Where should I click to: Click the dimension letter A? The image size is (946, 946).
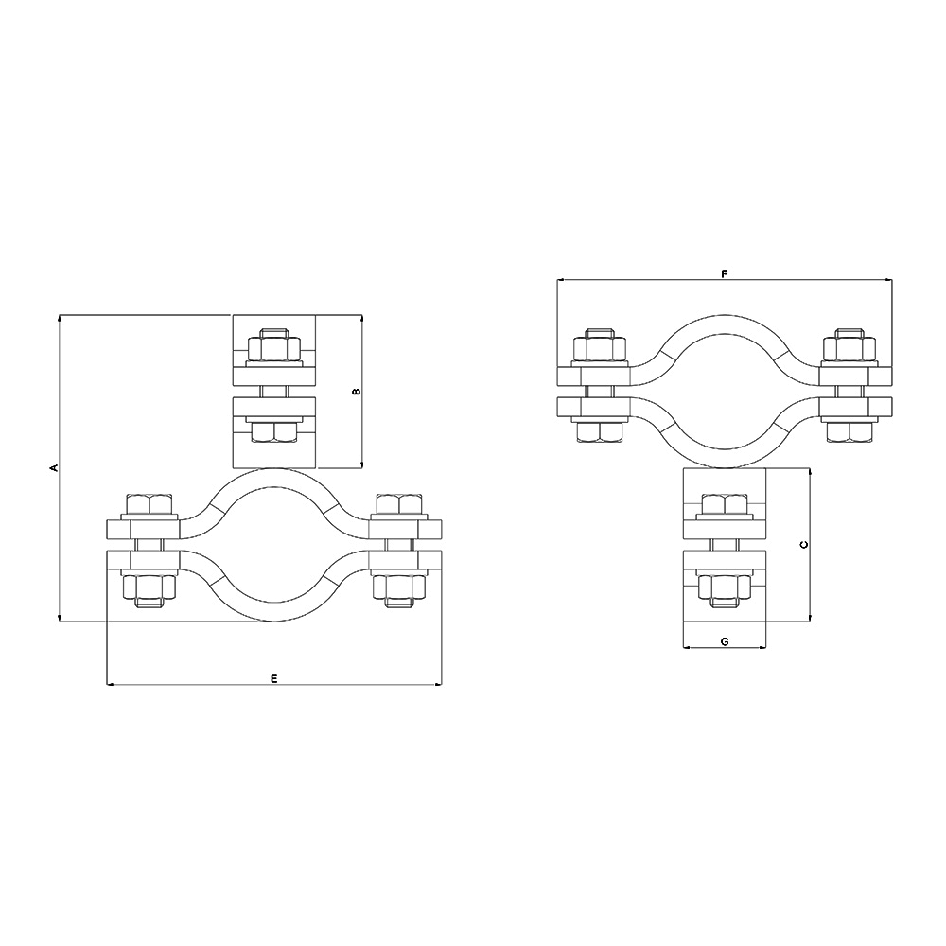coord(54,467)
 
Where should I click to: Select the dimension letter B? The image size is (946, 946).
coord(356,391)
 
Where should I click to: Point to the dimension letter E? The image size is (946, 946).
coord(273,678)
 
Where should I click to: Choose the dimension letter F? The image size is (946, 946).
coord(724,274)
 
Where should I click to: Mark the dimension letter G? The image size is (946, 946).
coord(724,641)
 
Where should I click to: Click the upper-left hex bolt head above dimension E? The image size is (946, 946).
coord(150,504)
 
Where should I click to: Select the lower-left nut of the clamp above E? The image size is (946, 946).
coord(150,589)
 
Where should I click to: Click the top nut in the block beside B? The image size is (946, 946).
coord(274,346)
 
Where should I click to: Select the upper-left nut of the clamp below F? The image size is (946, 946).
coord(603,347)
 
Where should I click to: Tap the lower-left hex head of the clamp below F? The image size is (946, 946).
coord(603,431)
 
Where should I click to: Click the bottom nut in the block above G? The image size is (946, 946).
coord(725,589)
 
